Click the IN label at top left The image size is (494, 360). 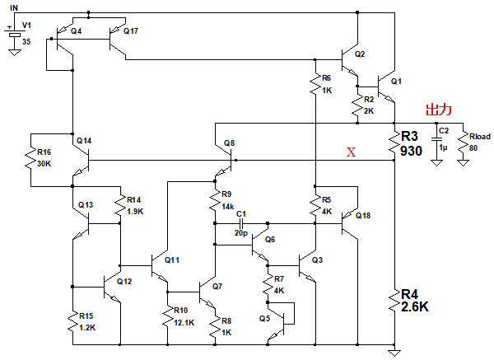pyautogui.click(x=15, y=7)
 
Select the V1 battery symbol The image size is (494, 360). pyautogui.click(x=13, y=35)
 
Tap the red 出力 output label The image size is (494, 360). pyautogui.click(x=437, y=110)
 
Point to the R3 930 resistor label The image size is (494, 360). pyautogui.click(x=411, y=143)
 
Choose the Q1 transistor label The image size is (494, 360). pyautogui.click(x=396, y=82)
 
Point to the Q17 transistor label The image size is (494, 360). pyautogui.click(x=131, y=30)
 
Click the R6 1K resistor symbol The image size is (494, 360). pyautogui.click(x=315, y=84)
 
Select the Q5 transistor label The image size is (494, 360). pyautogui.click(x=263, y=317)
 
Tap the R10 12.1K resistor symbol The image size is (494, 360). pyautogui.click(x=168, y=316)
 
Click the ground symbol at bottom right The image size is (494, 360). pyautogui.click(x=395, y=352)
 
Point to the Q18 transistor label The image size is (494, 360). pyautogui.click(x=362, y=216)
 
